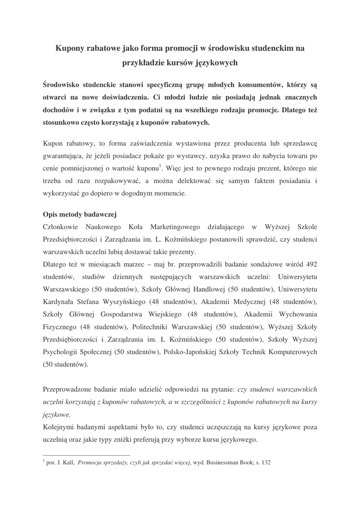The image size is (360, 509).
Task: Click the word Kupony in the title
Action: (71, 48)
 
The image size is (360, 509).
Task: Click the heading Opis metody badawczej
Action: (80, 215)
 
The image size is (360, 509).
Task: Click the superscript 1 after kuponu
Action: (160, 166)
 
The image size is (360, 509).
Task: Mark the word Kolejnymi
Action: (59, 426)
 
